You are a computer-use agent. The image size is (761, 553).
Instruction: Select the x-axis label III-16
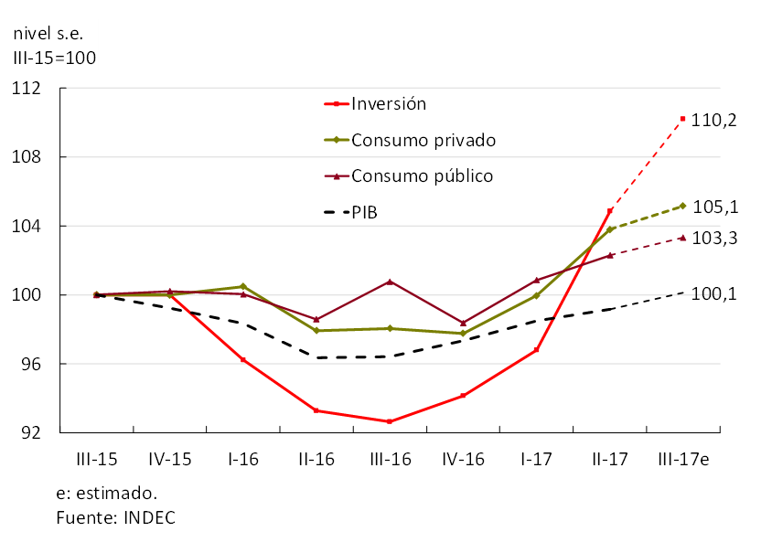coord(390,460)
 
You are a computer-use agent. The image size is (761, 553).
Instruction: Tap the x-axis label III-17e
coord(683,460)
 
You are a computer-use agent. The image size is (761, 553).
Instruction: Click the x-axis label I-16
coord(243,460)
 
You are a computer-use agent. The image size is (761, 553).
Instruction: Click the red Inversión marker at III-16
coord(390,421)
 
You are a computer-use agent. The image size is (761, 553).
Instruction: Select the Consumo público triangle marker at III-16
coord(390,282)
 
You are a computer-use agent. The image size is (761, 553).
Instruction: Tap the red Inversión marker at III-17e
coord(682,119)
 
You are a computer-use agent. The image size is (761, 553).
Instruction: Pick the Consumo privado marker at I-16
coord(243,286)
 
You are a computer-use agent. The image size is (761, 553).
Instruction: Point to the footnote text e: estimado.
coord(106,494)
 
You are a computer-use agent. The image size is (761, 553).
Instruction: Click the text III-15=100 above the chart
coord(54,58)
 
